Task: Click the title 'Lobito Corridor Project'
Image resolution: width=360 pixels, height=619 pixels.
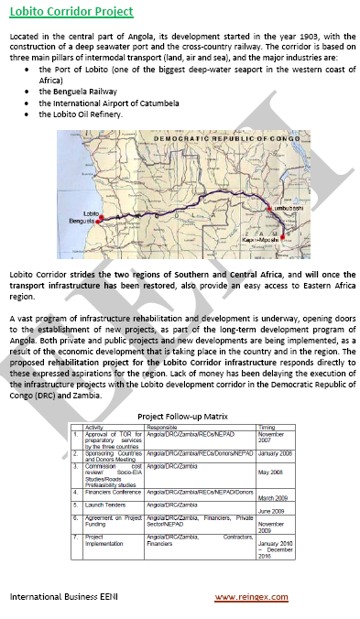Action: (x=71, y=13)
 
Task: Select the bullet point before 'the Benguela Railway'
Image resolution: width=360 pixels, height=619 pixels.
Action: (x=31, y=92)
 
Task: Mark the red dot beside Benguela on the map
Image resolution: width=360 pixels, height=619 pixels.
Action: (x=102, y=219)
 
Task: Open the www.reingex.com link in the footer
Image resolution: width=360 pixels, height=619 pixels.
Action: (x=251, y=597)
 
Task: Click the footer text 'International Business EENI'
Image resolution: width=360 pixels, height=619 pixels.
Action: (x=64, y=597)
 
